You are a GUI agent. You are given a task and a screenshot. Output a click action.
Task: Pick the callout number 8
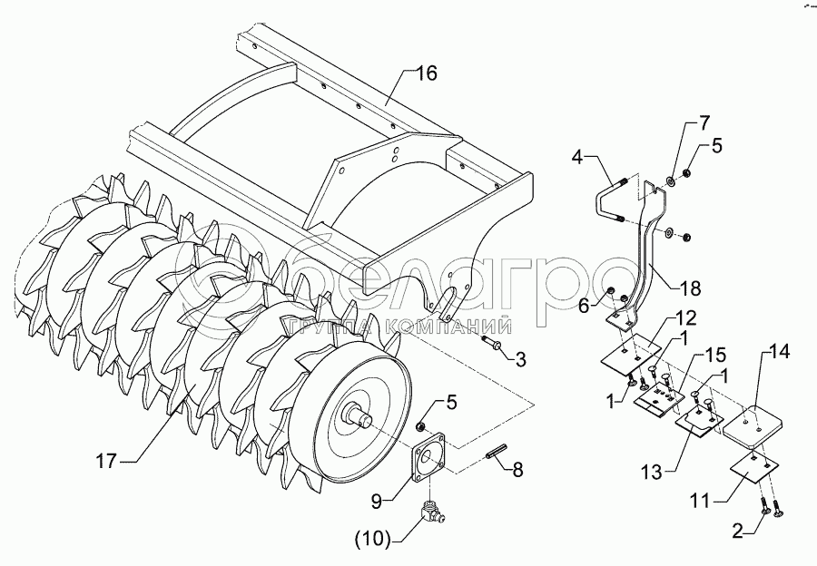click(x=517, y=470)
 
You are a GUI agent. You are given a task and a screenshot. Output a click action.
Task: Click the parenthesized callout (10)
click(x=374, y=541)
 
